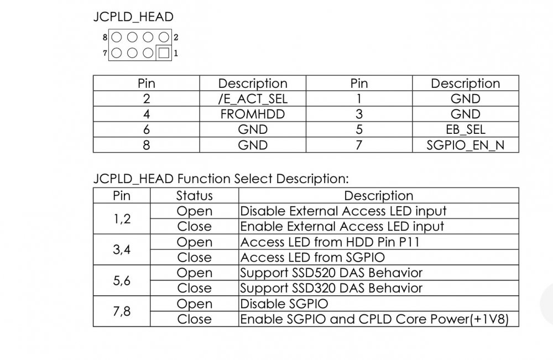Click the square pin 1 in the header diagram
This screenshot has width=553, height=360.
[x=164, y=53]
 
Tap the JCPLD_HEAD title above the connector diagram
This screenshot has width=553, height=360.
[x=133, y=17]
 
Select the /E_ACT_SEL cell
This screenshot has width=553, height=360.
[x=253, y=99]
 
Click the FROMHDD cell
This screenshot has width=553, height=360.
[x=253, y=114]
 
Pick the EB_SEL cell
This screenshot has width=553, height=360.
[x=466, y=129]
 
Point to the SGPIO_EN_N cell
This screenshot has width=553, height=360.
[x=466, y=145]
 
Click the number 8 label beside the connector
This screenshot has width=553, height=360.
[x=105, y=37]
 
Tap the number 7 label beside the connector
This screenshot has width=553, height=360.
[x=105, y=53]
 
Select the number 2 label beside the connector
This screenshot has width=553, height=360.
[x=176, y=37]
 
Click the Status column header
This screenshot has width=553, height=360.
[x=194, y=196]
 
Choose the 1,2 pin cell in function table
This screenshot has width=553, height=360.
[x=122, y=219]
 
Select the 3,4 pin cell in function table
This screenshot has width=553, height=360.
[x=122, y=249]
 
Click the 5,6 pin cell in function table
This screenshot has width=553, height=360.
[x=122, y=281]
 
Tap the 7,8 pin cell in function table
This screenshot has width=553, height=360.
[x=122, y=311]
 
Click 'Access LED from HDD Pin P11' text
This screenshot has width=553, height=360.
[x=330, y=242]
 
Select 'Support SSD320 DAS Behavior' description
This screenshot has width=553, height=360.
[x=331, y=289]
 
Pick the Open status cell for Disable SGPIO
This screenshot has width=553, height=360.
[x=194, y=304]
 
